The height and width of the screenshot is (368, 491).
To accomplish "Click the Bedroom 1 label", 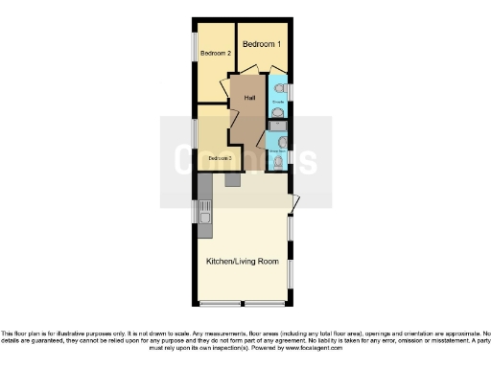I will tap(261, 44).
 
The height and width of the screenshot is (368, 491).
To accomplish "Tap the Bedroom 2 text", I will tap(216, 53).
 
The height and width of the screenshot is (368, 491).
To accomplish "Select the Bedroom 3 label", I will tap(221, 157).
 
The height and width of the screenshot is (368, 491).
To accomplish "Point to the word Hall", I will tap(249, 98).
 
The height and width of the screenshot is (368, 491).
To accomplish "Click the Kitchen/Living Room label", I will tap(243, 261).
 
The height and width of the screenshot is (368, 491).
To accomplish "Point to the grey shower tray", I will tap(276, 125).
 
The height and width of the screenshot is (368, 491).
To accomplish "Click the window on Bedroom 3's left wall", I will tap(195, 133).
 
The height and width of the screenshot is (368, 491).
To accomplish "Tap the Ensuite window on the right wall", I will tap(291, 90).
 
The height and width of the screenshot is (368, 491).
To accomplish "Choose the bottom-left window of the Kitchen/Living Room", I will tap(220, 304).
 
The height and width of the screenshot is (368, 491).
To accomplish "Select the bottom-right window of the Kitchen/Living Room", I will tap(267, 304).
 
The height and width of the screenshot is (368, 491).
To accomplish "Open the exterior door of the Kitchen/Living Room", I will tap(295, 201).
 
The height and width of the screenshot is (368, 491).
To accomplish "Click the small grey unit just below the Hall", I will tap(232, 179).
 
